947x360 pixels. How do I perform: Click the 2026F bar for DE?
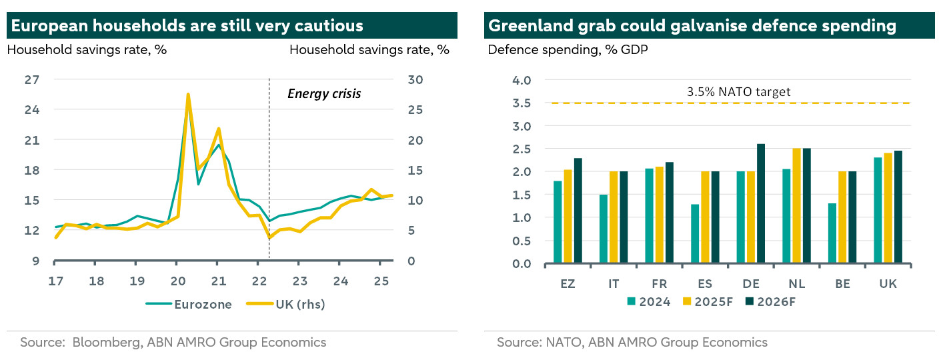(x=742, y=204)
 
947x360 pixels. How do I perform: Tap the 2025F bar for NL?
(x=796, y=206)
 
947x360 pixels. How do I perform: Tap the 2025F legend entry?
(x=710, y=301)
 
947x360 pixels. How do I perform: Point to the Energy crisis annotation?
(x=324, y=93)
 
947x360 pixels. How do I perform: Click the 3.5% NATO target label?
(x=738, y=92)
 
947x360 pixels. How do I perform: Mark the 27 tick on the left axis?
(x=32, y=79)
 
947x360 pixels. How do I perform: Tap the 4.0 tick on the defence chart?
(x=523, y=80)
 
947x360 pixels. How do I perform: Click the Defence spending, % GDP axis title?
(x=568, y=50)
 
